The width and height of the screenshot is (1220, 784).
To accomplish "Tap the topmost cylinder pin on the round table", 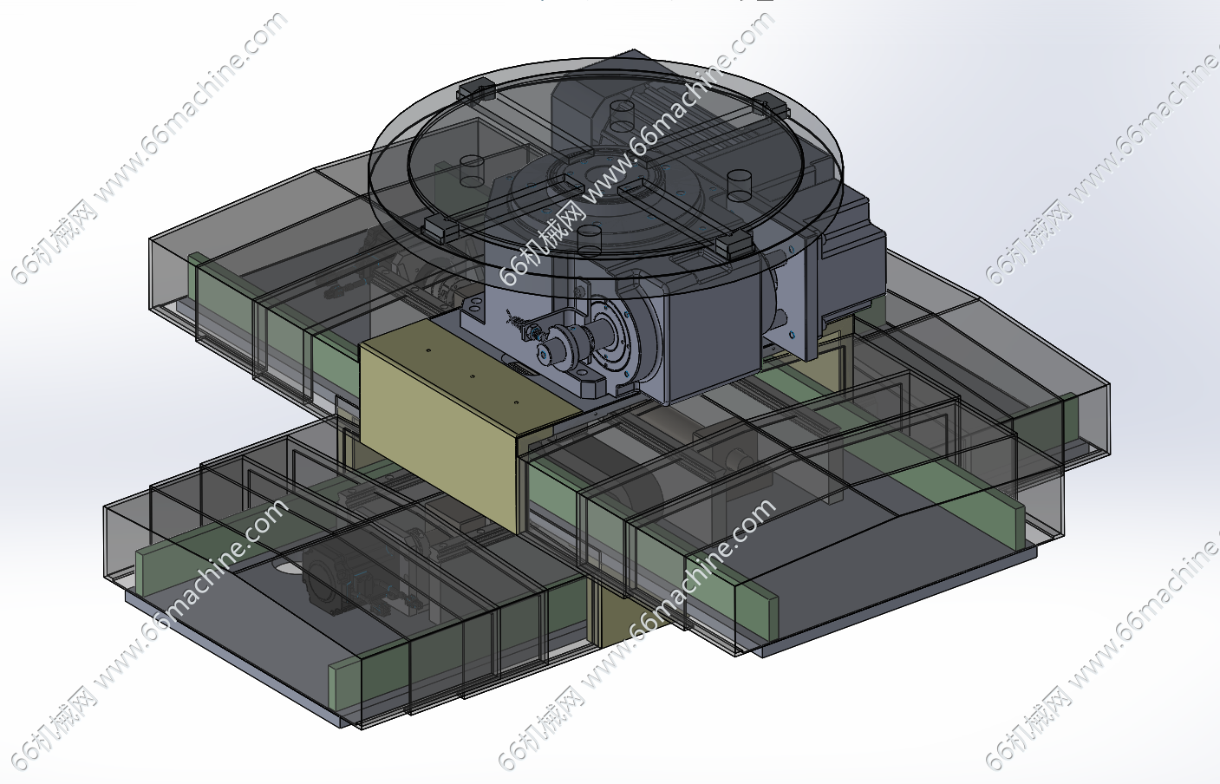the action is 622,116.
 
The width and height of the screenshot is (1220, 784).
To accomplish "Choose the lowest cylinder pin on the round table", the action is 589,240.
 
